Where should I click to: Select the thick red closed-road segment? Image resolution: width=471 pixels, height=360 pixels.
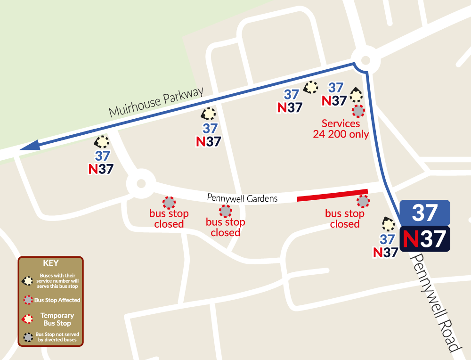(x=332, y=195)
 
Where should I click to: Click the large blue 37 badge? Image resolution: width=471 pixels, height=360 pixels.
(x=425, y=212)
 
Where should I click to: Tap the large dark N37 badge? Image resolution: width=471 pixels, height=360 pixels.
(x=425, y=238)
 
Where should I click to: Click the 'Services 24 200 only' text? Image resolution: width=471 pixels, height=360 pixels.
(x=341, y=129)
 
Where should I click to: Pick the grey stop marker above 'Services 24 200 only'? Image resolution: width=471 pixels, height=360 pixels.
(x=358, y=111)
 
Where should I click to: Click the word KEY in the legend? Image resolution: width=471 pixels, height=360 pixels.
(x=50, y=263)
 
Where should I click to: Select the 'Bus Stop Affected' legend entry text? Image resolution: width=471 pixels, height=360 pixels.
(x=57, y=300)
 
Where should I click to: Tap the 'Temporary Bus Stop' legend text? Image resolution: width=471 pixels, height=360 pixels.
(x=57, y=319)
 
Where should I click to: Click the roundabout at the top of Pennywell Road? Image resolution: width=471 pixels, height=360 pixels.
(x=365, y=61)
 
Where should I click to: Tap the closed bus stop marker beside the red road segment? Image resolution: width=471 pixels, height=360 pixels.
(x=363, y=202)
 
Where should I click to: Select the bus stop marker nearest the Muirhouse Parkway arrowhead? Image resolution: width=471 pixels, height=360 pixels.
(x=102, y=141)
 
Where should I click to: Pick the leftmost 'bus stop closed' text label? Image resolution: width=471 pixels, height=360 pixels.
(x=169, y=219)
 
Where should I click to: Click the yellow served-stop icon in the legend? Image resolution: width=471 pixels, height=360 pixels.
(x=28, y=280)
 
